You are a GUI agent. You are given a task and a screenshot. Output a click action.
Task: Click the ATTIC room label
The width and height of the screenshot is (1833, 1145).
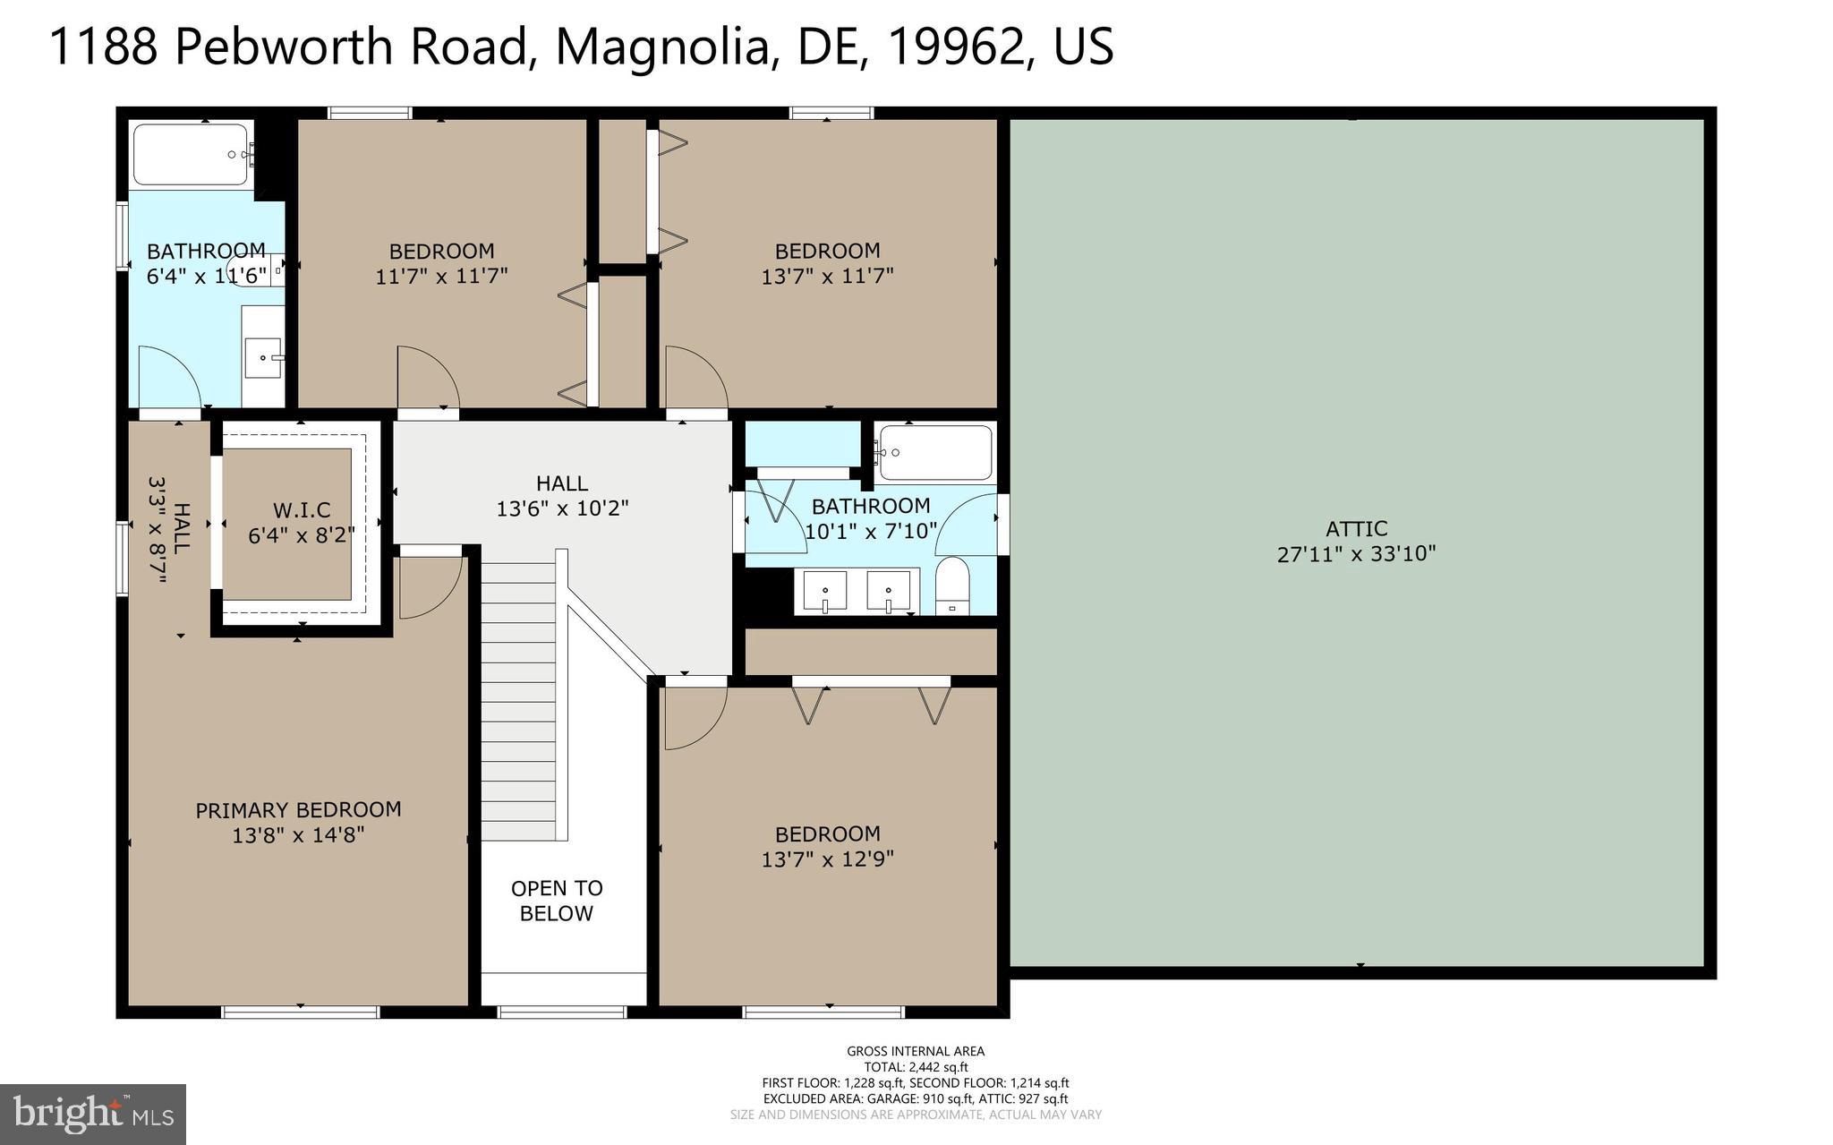click(1356, 528)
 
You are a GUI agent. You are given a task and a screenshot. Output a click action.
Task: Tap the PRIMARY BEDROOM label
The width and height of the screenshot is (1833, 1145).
click(298, 810)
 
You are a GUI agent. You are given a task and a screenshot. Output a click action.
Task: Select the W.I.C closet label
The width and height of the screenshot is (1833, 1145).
click(302, 510)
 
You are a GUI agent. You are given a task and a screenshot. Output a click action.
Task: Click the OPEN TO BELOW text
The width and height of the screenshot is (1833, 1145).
click(557, 901)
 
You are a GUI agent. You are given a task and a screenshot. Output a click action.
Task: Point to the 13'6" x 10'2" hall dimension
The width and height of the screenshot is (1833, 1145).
click(562, 508)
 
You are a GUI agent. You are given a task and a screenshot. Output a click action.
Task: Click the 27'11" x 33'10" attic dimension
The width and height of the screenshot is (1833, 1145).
click(1356, 554)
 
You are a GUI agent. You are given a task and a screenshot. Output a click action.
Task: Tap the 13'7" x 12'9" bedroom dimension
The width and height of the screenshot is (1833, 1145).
click(828, 859)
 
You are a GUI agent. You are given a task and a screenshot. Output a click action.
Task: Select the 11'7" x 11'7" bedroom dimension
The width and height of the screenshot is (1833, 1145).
click(441, 276)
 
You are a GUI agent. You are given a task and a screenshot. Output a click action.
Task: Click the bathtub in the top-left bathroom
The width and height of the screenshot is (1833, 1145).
click(191, 155)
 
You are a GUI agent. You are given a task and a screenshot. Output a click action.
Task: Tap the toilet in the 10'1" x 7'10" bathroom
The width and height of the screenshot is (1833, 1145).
click(951, 586)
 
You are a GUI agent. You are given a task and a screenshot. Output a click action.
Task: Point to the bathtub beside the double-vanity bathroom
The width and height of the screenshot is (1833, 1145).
click(935, 453)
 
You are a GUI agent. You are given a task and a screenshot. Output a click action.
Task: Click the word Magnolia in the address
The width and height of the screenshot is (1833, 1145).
click(662, 47)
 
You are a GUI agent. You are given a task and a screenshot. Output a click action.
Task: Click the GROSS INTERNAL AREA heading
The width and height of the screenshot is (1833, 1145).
click(916, 1051)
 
